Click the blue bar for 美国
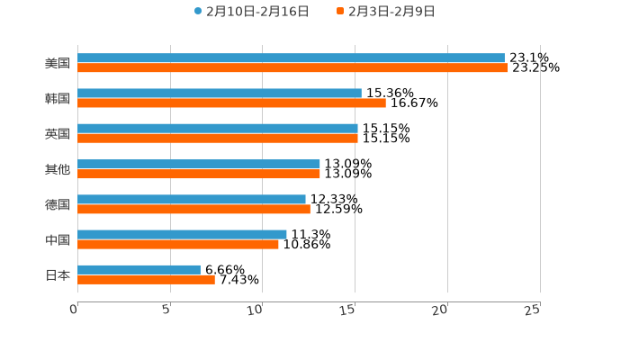point(291,58)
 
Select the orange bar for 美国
point(292,67)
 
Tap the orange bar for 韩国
point(231,103)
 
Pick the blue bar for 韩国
point(220,93)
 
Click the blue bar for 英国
point(218,128)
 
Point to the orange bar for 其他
point(199,174)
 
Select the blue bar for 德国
point(192,199)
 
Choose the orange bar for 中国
point(178,244)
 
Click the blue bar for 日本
point(139,269)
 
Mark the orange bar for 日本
point(146,279)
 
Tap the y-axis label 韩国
point(58,98)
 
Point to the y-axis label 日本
point(58,274)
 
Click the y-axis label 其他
point(58,169)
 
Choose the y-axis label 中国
point(58,239)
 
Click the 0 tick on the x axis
point(75,310)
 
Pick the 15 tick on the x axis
point(348,310)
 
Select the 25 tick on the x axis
point(533,310)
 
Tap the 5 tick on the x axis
point(166,310)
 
